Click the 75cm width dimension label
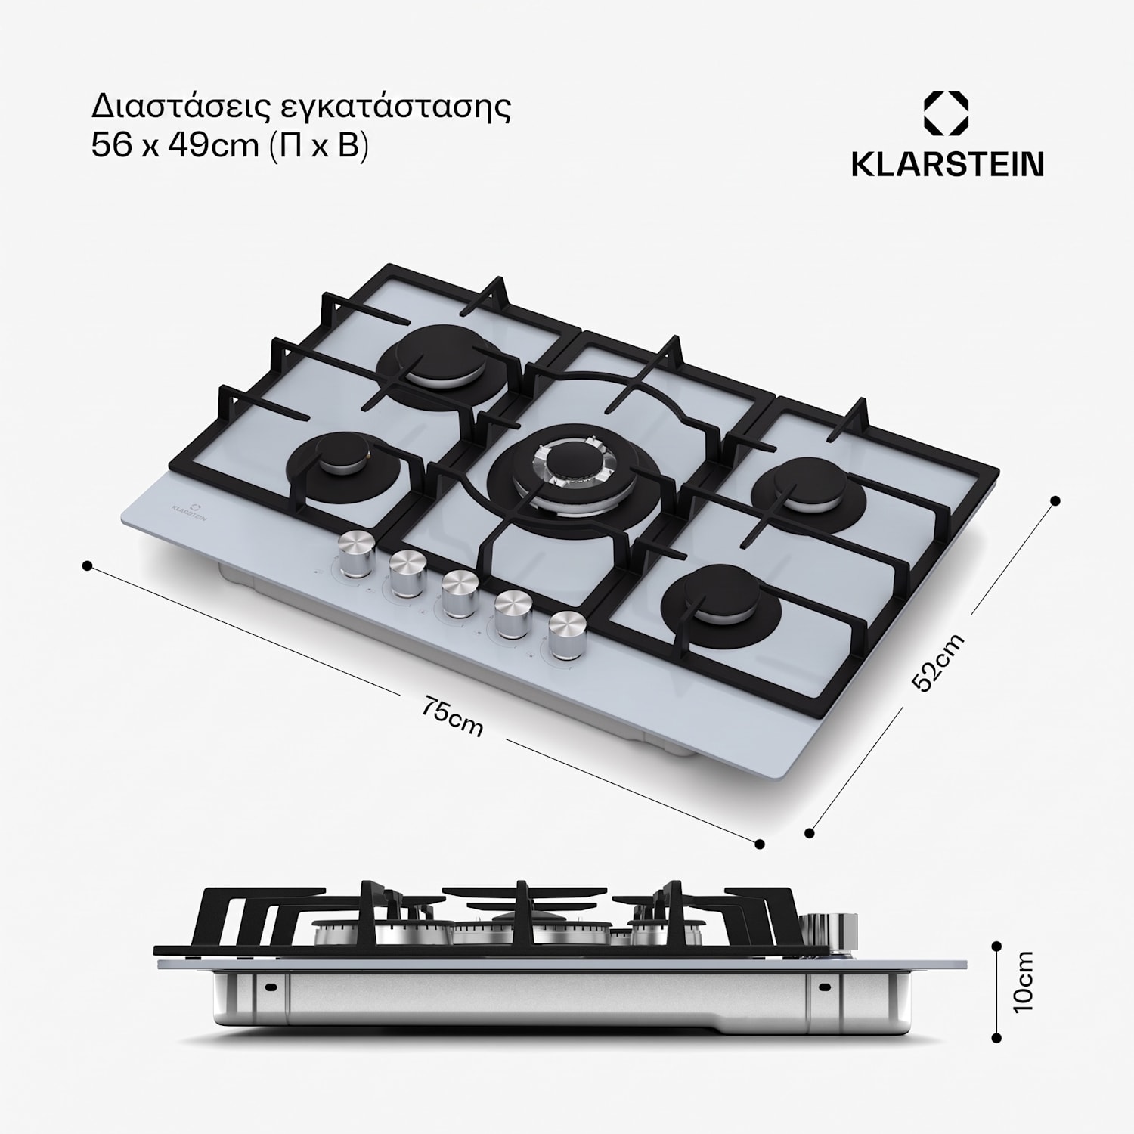tap(452, 718)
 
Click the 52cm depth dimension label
tap(938, 662)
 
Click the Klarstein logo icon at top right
tap(947, 115)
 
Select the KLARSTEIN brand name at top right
tap(947, 163)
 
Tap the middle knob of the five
tap(459, 593)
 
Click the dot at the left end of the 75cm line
tap(88, 565)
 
